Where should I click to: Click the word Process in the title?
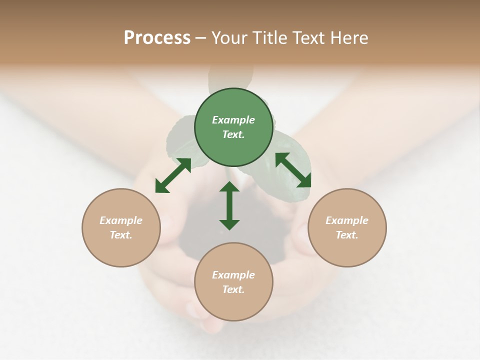157,37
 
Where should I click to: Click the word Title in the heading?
268,37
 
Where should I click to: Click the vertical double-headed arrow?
229,205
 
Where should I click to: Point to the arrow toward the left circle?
173,175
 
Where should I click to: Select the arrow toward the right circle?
293,170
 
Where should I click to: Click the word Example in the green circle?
233,120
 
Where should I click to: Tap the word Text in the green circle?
233,134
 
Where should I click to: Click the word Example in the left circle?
121,220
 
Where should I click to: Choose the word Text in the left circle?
121,235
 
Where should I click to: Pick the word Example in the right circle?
347,220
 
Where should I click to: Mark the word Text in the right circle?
347,235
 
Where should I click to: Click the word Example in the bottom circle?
233,275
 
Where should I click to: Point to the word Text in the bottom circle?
233,289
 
